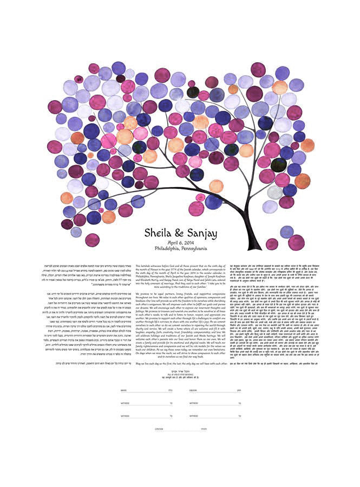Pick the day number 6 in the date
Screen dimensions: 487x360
(x=182, y=243)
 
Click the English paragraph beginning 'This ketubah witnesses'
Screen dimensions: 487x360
(x=179, y=276)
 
